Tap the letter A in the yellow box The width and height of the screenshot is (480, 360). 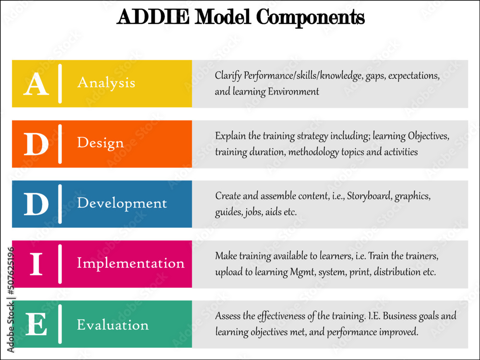(36, 84)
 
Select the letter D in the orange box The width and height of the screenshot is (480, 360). (36, 144)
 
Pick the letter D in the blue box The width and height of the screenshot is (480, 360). (36, 204)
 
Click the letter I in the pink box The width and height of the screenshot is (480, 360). (36, 264)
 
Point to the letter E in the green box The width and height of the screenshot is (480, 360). (36, 325)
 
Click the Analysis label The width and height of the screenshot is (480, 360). (106, 83)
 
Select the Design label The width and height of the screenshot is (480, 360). (100, 143)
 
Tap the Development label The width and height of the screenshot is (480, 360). (122, 204)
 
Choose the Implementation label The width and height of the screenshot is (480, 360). (131, 264)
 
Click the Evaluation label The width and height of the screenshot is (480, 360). (113, 325)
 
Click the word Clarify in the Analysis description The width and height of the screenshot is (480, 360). (228, 76)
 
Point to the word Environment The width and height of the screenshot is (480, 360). (293, 92)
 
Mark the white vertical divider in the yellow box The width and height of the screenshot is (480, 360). (60, 84)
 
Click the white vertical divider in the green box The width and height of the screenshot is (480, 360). (60, 324)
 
